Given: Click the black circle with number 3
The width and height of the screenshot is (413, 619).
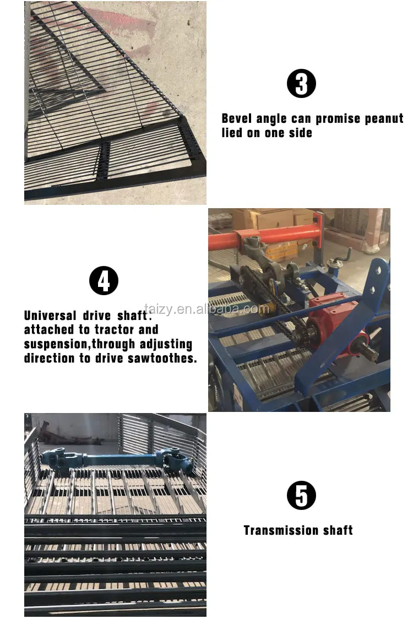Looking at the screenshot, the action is click(x=301, y=84).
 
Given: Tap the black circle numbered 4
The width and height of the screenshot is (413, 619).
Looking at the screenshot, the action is click(x=104, y=281).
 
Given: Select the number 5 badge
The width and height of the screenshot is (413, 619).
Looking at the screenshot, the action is click(x=301, y=496).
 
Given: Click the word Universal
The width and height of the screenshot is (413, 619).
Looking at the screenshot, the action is click(x=50, y=316).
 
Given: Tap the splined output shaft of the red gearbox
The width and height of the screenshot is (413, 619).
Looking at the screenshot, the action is click(x=366, y=349).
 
